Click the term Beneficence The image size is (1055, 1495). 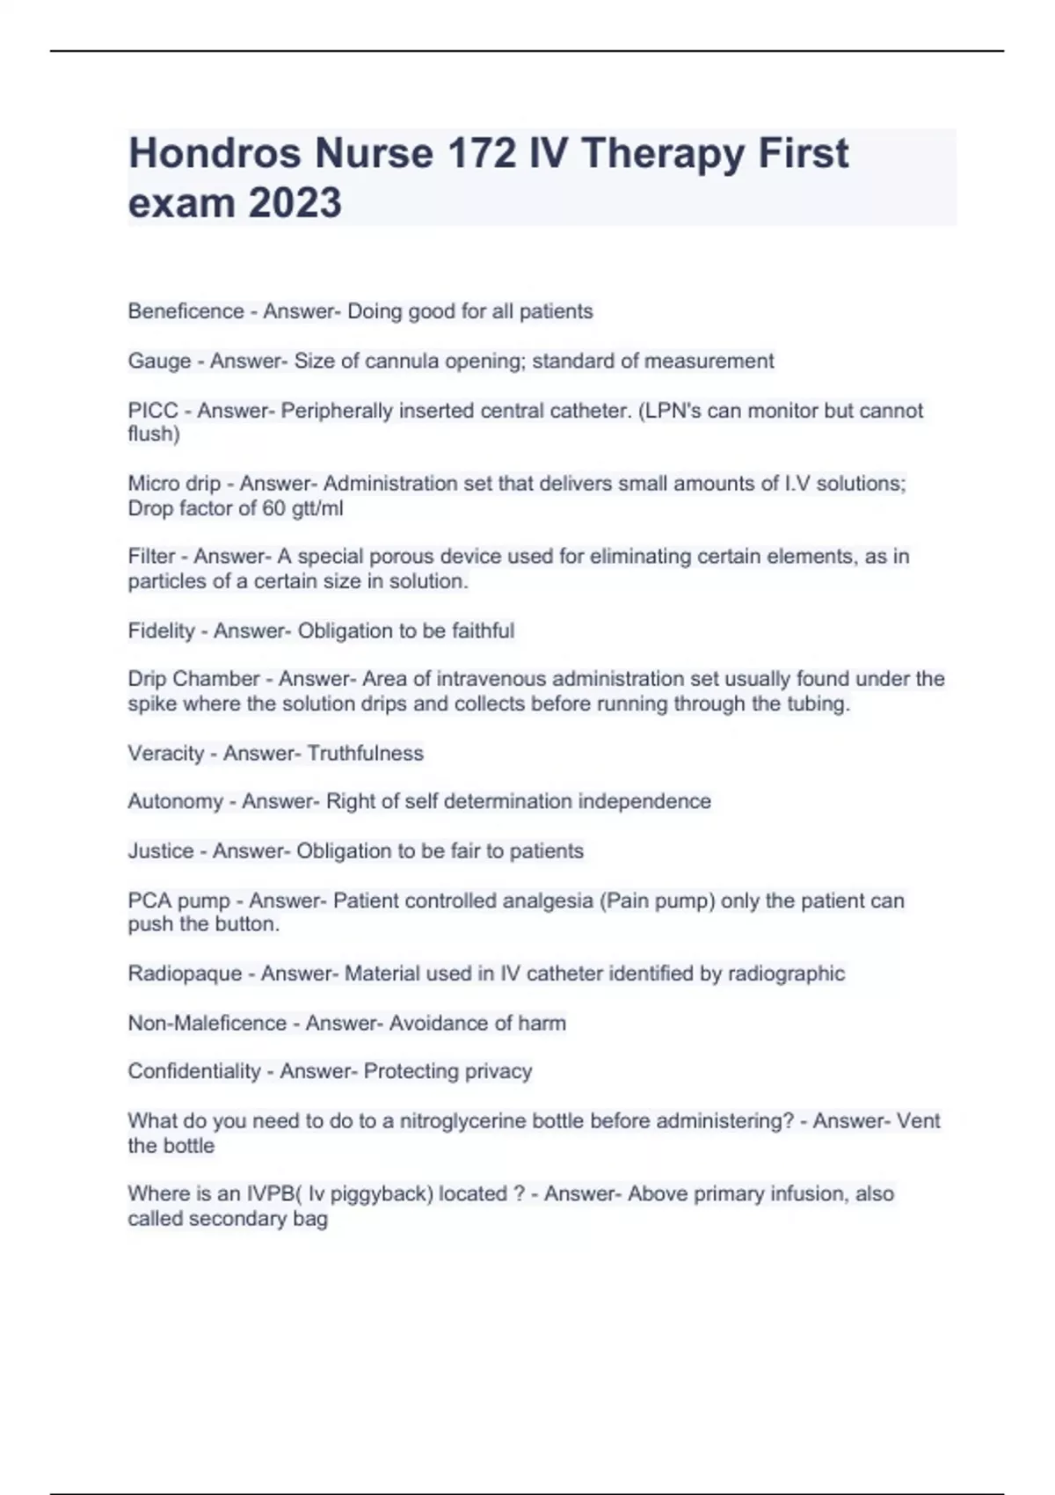tap(186, 311)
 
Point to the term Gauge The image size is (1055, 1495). tap(159, 361)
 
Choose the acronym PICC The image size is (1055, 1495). tap(153, 411)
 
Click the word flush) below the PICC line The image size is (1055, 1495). tap(154, 434)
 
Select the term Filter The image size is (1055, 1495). tap(151, 557)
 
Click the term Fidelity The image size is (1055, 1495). tap(161, 631)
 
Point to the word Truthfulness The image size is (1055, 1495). tap(365, 753)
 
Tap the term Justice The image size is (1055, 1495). tap(160, 850)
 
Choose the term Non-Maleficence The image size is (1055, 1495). tap(207, 1023)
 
